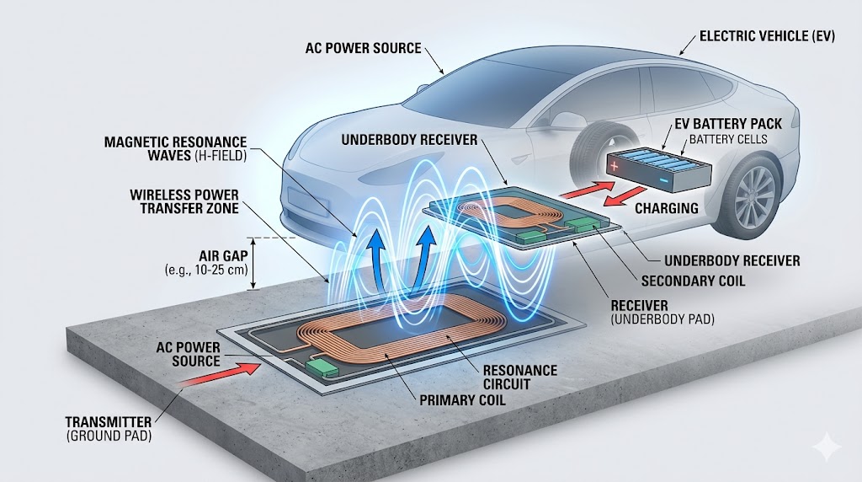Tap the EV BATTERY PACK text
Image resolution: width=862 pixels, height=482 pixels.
728,124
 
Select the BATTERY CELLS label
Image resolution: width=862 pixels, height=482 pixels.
729,138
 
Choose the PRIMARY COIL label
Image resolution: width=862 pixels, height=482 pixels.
463,399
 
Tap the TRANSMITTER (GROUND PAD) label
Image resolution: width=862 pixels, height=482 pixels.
109,427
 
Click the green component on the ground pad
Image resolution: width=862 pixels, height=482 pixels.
321,368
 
